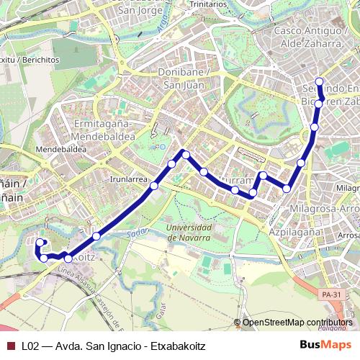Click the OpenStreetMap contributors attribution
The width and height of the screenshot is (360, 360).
[297, 322]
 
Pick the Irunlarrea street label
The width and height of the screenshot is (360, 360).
[130, 179]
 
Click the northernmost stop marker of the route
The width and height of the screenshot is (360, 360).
[320, 81]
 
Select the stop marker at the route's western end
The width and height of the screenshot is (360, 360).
[40, 243]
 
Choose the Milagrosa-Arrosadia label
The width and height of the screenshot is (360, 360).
[323, 209]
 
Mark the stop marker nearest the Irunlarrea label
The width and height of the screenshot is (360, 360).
[153, 186]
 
